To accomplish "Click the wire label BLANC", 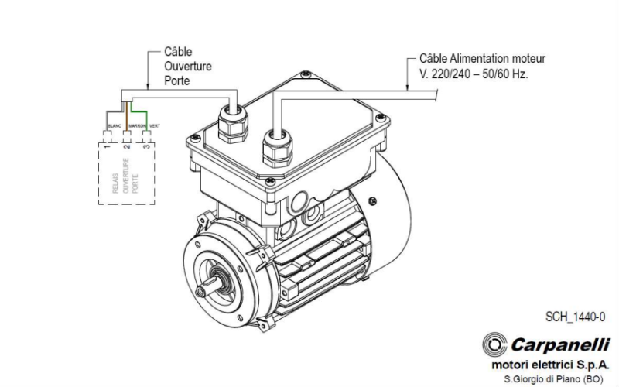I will (x=113, y=125).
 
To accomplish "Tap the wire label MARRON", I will (x=138, y=125).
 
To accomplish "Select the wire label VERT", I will (x=155, y=125).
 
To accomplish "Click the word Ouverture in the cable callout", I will (x=187, y=66).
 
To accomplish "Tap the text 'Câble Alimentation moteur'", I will (x=482, y=58).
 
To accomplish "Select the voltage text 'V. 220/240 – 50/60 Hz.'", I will (x=473, y=77).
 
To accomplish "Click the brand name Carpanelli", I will (x=559, y=344).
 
